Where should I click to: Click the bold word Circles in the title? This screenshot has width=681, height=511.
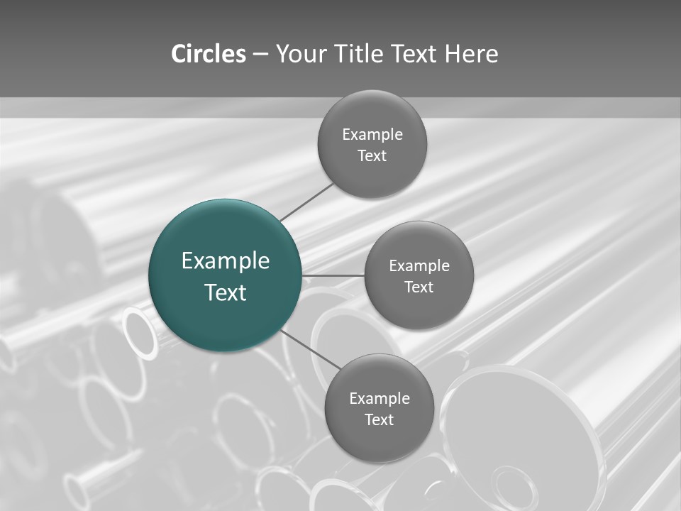coord(209,54)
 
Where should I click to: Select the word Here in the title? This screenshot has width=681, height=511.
coord(471,54)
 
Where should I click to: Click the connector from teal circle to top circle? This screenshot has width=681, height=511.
coord(306,202)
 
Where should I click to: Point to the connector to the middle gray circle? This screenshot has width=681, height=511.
coord(333,275)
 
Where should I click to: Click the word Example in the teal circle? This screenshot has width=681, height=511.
coord(226,261)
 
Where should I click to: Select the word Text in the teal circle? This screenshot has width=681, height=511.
coord(226,292)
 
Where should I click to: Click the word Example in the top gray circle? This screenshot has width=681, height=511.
coord(372,135)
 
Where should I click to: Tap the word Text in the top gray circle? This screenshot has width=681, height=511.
coord(372,156)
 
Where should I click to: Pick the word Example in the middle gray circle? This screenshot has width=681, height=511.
coord(419,266)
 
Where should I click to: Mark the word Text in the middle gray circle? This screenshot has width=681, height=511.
coord(419,287)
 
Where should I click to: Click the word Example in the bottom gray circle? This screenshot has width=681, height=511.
coord(380,399)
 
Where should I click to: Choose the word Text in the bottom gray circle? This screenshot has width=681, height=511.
coord(380,420)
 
